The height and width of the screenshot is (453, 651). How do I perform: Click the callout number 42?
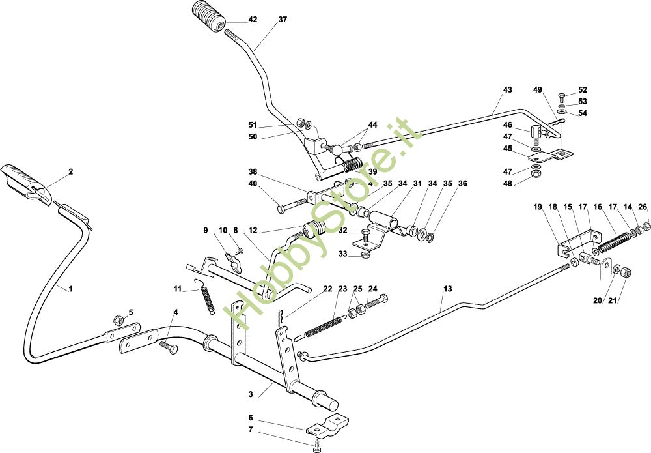click(253, 20)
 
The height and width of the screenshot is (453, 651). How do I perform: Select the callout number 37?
click(282, 20)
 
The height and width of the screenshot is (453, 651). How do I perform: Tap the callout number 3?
click(251, 395)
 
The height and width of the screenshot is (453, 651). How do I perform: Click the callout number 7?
click(250, 430)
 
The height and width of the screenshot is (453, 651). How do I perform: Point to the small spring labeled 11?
click(206, 298)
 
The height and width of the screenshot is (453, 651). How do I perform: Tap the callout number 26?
click(643, 207)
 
